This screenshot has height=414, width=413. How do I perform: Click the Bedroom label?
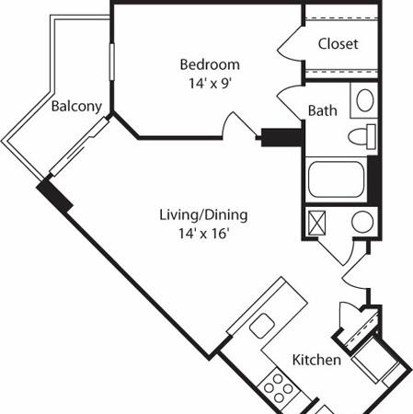coord(210,64)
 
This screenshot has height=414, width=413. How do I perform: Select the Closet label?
coord(338,44)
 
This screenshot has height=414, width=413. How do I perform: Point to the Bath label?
coord(322,111)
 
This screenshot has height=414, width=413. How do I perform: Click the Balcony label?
coord(76,106)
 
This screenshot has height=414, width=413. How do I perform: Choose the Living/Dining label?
coord(203,215)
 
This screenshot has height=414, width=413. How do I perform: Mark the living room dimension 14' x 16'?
coord(203,233)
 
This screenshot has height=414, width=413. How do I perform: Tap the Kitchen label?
coord(317,360)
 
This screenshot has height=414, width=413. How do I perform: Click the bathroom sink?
coord(364,100)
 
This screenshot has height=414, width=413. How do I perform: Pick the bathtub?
coord(337,178)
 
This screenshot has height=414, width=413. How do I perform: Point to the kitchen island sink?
coord(263,324)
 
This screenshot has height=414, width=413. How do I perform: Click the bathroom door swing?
coord(293,101)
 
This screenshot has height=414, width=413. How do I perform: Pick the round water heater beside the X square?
coord(361,222)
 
